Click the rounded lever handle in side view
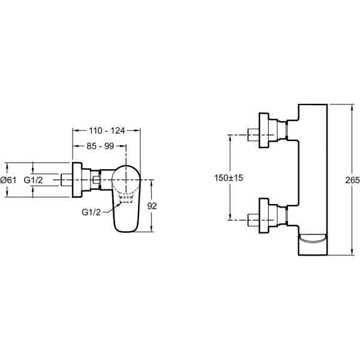127,198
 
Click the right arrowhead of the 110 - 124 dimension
138,130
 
